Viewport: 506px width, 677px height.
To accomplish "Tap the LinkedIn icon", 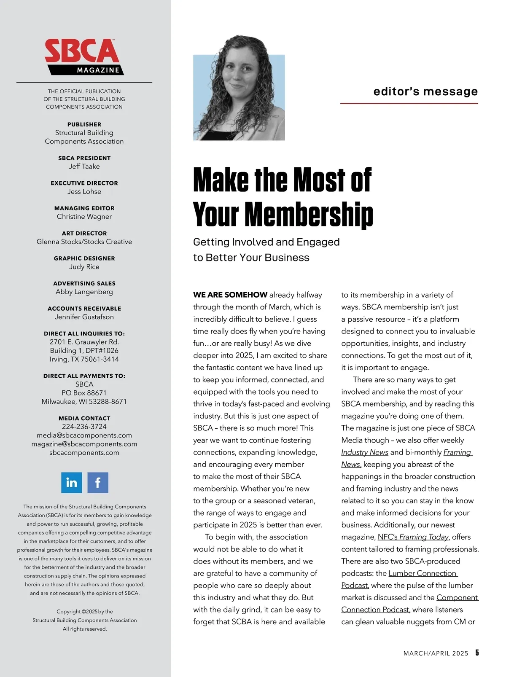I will (72, 483).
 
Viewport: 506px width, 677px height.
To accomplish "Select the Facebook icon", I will (98, 483).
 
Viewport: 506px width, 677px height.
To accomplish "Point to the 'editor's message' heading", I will (425, 91).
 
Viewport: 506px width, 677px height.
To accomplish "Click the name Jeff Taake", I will (84, 167).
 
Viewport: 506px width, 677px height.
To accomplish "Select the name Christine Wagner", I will (84, 217).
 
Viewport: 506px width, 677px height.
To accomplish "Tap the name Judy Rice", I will (84, 267).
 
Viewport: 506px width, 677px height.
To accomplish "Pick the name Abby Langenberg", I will (84, 292).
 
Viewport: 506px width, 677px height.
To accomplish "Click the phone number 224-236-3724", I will (84, 427).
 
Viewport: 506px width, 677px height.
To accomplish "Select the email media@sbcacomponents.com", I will (84, 435).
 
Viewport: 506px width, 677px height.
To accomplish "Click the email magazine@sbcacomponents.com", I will (84, 444).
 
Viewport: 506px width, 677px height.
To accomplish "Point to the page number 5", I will (477, 653).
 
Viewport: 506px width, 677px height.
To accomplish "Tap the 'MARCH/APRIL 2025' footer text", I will (436, 653).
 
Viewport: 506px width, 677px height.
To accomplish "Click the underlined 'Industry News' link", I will (365, 452).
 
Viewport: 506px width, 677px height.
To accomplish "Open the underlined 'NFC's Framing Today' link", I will (413, 537).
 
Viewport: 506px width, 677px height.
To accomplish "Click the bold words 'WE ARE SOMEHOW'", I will (230, 295).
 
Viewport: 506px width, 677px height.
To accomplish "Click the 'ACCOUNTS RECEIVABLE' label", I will (84, 309).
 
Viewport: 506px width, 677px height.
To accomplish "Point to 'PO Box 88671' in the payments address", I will (84, 393).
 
